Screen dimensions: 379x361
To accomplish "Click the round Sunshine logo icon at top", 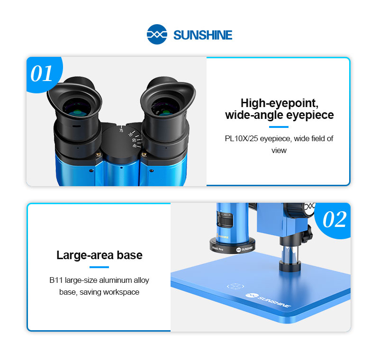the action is (x=157, y=34).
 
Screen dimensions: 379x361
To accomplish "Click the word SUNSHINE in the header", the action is (x=203, y=35).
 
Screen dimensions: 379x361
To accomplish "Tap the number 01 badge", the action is (x=41, y=74).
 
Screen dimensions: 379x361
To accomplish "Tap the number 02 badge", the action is (x=334, y=219).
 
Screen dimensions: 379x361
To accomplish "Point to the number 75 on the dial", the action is (x=121, y=130).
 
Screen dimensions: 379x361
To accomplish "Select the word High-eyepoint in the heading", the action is (x=280, y=103).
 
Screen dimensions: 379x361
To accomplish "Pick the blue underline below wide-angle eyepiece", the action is (x=279, y=127).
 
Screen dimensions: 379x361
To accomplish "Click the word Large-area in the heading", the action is (x=85, y=255).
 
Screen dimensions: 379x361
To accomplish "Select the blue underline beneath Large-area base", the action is (x=99, y=267).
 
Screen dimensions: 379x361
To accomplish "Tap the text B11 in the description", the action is (x=56, y=280).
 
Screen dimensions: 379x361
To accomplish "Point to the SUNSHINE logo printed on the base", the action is (x=268, y=300).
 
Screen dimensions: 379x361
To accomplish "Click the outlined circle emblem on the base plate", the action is (x=235, y=286).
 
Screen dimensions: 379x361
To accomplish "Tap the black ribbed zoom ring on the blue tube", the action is (x=225, y=219).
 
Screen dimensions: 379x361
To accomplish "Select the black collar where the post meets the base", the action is (x=290, y=266).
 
